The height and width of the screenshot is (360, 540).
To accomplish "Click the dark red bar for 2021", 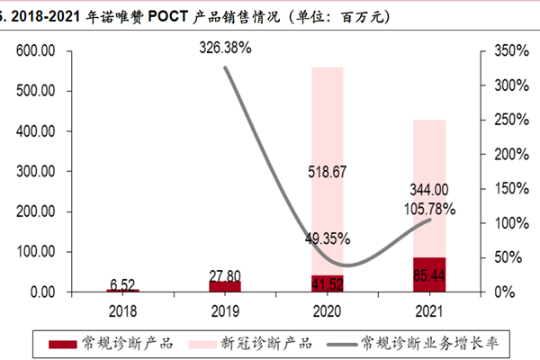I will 429,274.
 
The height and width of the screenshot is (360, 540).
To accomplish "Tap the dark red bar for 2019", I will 224,286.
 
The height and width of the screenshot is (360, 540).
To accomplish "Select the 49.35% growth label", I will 327,238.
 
